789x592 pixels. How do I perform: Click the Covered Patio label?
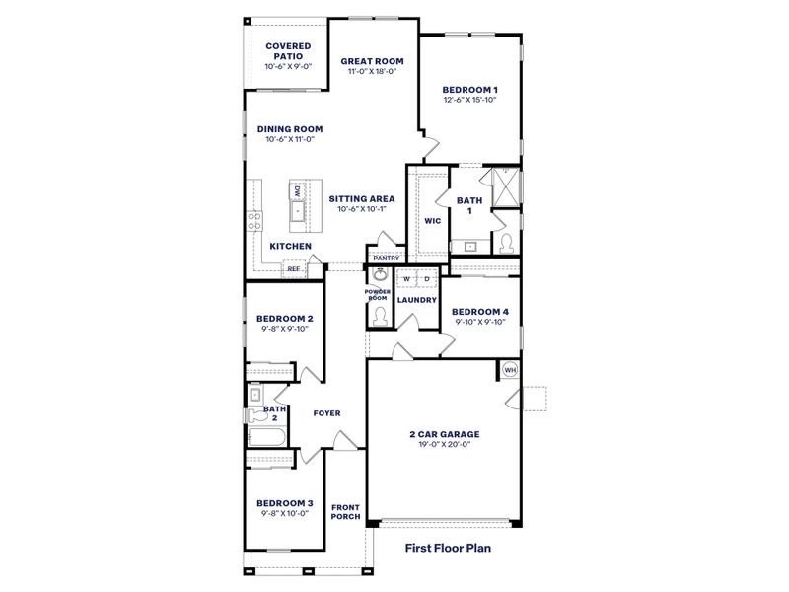tap(289, 51)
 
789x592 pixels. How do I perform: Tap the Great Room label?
tap(373, 61)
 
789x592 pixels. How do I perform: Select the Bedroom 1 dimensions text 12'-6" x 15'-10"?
tap(468, 100)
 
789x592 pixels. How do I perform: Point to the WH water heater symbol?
tap(510, 370)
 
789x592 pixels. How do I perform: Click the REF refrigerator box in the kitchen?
tap(293, 267)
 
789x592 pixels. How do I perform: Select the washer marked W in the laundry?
tap(406, 279)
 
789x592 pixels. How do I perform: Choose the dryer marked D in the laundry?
tap(427, 279)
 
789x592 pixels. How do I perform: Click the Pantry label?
tap(386, 259)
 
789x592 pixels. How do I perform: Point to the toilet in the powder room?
tap(380, 315)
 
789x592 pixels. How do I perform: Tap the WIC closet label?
tap(432, 221)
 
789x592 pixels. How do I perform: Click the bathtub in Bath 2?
tap(267, 439)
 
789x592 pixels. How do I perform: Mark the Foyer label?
tap(326, 414)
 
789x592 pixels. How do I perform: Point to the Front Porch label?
tap(345, 513)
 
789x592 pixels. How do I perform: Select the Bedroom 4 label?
tap(480, 312)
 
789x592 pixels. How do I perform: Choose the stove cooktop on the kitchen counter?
tap(253, 220)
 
